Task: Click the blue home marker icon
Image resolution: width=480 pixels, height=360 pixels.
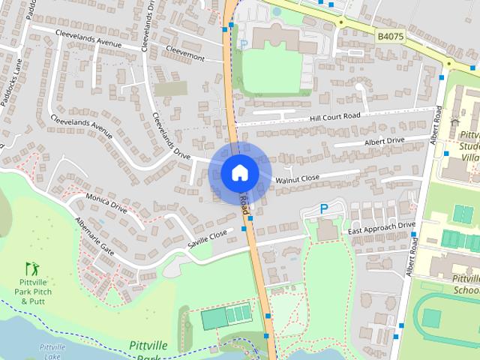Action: click(239, 172)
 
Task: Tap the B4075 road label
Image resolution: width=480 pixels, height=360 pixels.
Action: click(390, 35)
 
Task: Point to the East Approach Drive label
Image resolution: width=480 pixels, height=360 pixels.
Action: click(381, 226)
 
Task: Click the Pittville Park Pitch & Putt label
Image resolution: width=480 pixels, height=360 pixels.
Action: click(32, 291)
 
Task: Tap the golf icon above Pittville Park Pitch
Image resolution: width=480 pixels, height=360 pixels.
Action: click(31, 267)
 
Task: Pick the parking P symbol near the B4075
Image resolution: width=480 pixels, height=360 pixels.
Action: click(242, 44)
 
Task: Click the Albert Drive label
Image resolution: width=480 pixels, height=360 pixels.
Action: click(384, 141)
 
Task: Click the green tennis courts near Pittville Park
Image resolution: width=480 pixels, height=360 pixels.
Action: click(226, 315)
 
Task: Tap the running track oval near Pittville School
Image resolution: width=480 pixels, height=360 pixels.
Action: click(435, 315)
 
